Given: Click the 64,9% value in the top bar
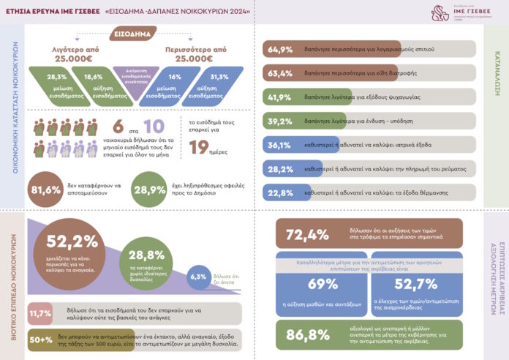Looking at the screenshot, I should tap(281, 50).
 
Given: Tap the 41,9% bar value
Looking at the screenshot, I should tap(281, 97).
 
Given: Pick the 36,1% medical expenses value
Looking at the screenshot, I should tap(281, 145).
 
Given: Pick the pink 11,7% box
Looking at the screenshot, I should tap(39, 313).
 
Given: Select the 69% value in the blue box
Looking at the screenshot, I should tap(323, 284).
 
